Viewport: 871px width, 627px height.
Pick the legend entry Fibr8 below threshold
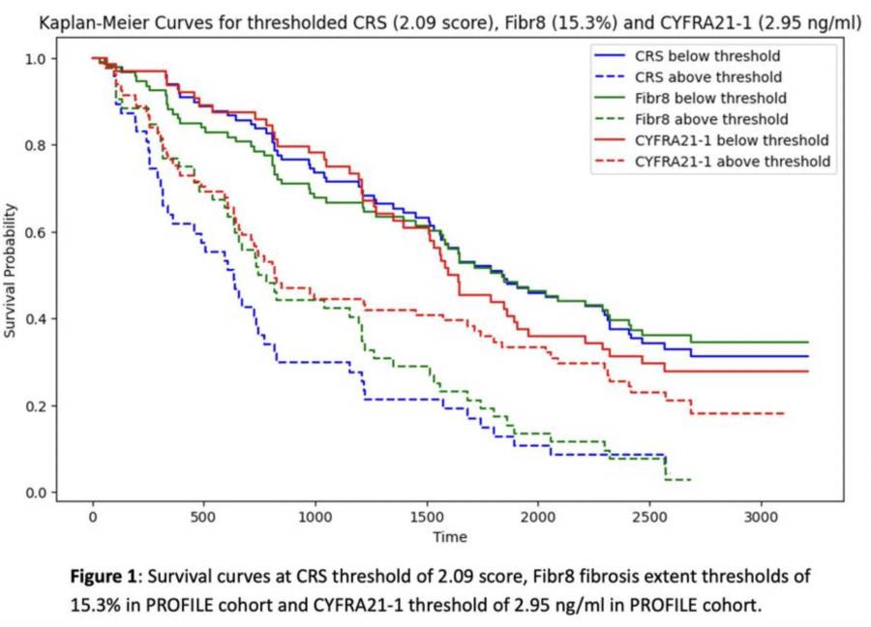click(x=709, y=99)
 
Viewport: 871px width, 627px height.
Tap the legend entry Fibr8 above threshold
click(x=710, y=119)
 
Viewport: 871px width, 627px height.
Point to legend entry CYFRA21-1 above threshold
click(x=732, y=162)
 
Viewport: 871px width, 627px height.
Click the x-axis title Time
click(x=450, y=537)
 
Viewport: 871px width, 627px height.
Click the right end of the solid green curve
click(x=808, y=343)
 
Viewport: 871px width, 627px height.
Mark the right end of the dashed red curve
click(x=784, y=413)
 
